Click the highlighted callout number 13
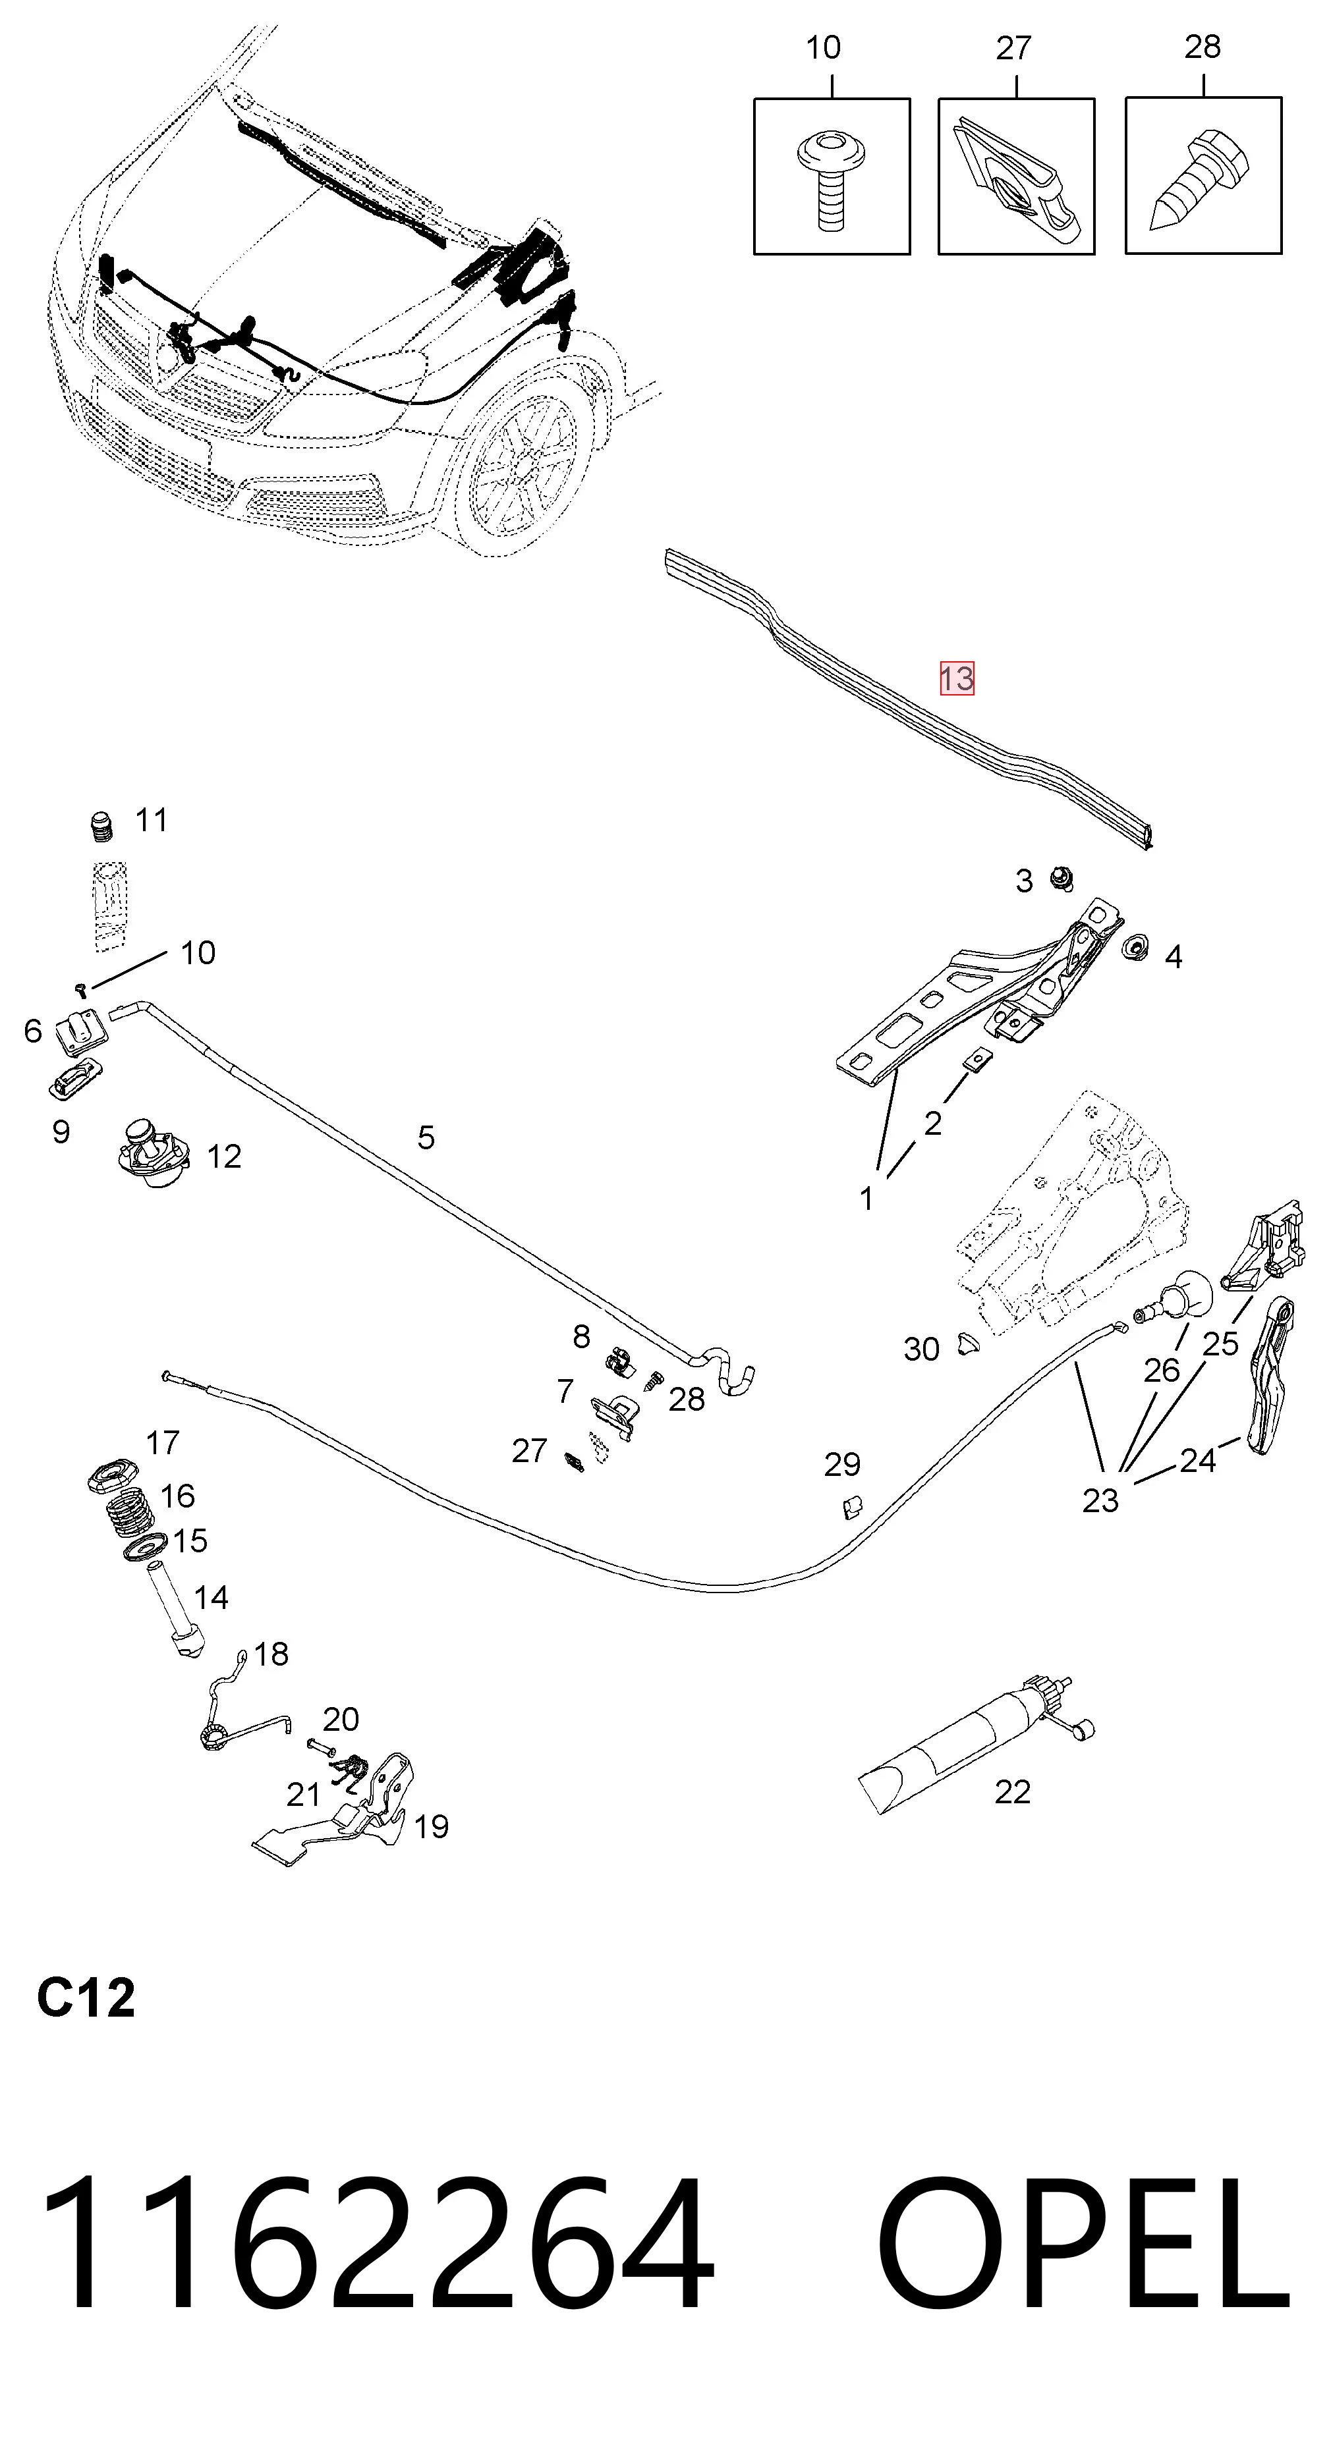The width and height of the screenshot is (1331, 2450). click(957, 678)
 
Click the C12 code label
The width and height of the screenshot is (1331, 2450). click(86, 1998)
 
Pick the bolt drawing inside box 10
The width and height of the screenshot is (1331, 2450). click(832, 180)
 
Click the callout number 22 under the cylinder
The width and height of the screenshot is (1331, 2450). click(1012, 1792)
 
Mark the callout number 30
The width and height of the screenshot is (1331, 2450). click(921, 1349)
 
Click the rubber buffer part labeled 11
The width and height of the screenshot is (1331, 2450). click(101, 827)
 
